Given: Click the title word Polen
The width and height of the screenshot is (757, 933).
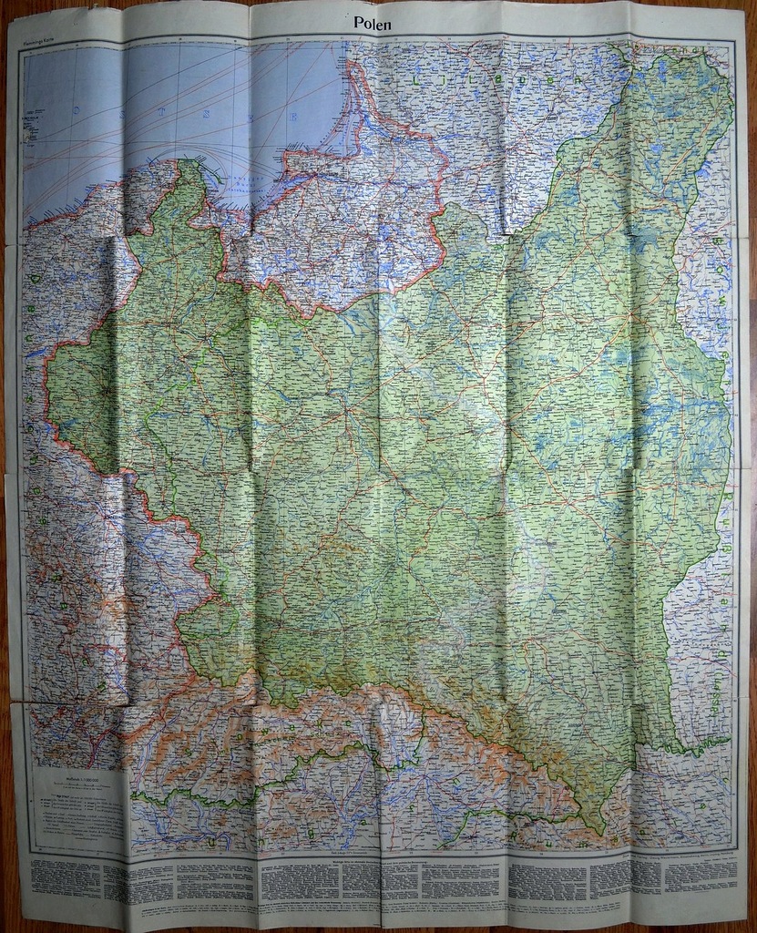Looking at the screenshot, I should pyautogui.click(x=373, y=25).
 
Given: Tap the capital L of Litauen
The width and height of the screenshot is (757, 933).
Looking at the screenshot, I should pyautogui.click(x=420, y=80).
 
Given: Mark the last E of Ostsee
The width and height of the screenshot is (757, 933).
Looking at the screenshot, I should pyautogui.click(x=293, y=117).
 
